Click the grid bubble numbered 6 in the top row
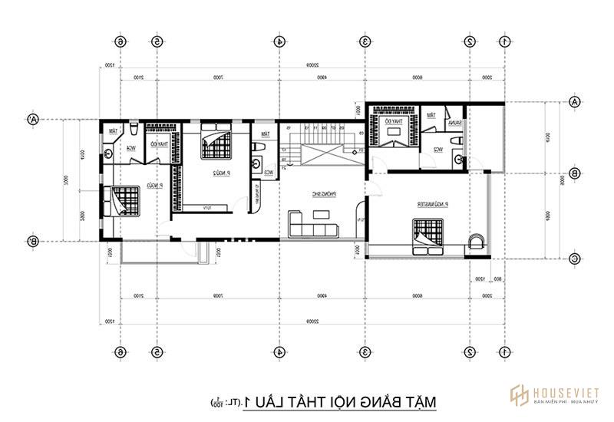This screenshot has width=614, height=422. [x=120, y=41]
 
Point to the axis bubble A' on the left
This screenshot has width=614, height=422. [x=33, y=119]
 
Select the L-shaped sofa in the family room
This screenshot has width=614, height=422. [x=313, y=225]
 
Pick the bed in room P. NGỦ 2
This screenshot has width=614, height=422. [x=213, y=143]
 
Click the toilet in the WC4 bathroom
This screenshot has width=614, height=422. [x=134, y=127]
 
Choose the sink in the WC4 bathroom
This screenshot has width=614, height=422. [x=108, y=153]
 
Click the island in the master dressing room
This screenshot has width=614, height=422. [x=395, y=131]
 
